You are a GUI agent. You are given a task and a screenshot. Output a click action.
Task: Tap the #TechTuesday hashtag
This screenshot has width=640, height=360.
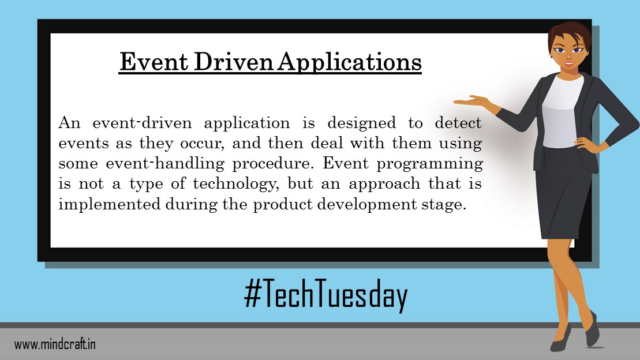326,295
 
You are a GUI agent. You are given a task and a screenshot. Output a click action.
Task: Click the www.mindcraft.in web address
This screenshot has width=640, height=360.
55,344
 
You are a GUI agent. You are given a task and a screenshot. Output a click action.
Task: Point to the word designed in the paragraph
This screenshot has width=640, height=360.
361,123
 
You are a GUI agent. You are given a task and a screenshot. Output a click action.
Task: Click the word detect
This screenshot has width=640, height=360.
454,123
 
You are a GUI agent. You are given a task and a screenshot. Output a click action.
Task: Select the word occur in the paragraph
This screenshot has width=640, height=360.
200,143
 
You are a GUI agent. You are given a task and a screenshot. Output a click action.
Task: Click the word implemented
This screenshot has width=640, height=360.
103,205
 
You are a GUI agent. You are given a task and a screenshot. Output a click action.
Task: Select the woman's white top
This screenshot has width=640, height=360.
562,112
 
